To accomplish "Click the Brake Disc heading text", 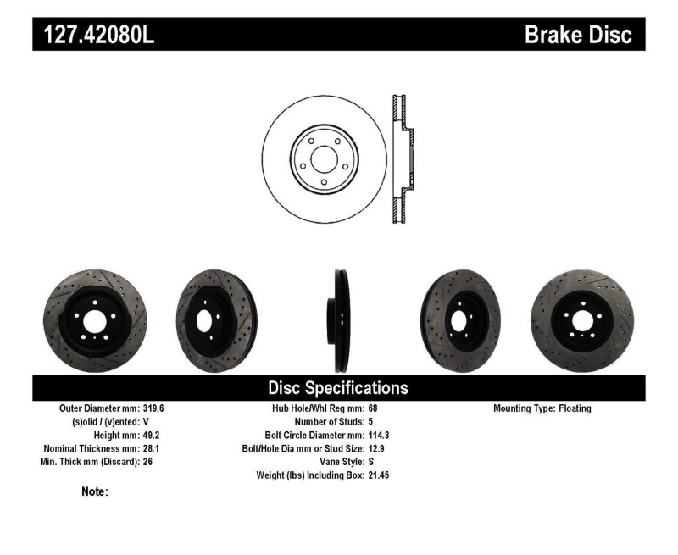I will pyautogui.click(x=578, y=35).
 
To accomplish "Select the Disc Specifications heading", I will pyautogui.click(x=338, y=388).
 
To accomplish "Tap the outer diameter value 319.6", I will pyautogui.click(x=153, y=408).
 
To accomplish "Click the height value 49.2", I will pyautogui.click(x=150, y=436).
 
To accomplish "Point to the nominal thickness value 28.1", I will pyautogui.click(x=150, y=449).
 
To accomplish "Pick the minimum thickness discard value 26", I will pyautogui.click(x=147, y=463).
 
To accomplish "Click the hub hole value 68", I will pyautogui.click(x=373, y=408).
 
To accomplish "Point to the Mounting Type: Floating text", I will pyautogui.click(x=542, y=408).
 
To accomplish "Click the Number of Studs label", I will pyautogui.click(x=329, y=422).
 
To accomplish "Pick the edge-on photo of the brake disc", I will pyautogui.click(x=339, y=321).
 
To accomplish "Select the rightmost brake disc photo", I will pyautogui.click(x=583, y=321).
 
